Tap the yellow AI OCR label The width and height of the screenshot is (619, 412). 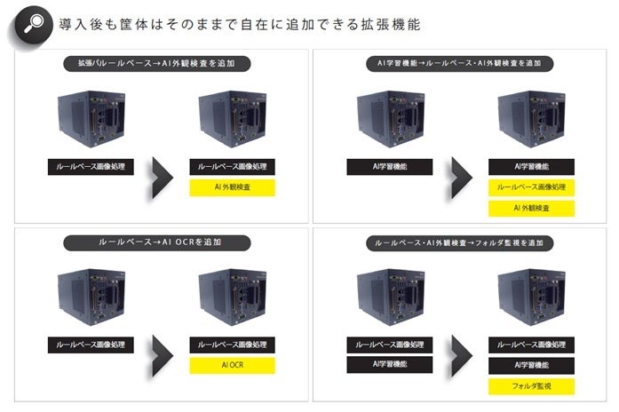pos(232,364)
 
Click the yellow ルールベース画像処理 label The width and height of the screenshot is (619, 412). pos(531,186)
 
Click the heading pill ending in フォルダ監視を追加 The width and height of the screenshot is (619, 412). pos(460,242)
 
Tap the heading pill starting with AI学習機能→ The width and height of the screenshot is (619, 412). pos(460,64)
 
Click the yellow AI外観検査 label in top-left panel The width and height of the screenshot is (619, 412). pos(232,186)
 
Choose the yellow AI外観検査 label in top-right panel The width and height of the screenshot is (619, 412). pos(531,208)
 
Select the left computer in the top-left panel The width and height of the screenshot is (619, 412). pos(89,115)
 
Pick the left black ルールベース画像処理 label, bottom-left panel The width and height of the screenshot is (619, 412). pos(89,344)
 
